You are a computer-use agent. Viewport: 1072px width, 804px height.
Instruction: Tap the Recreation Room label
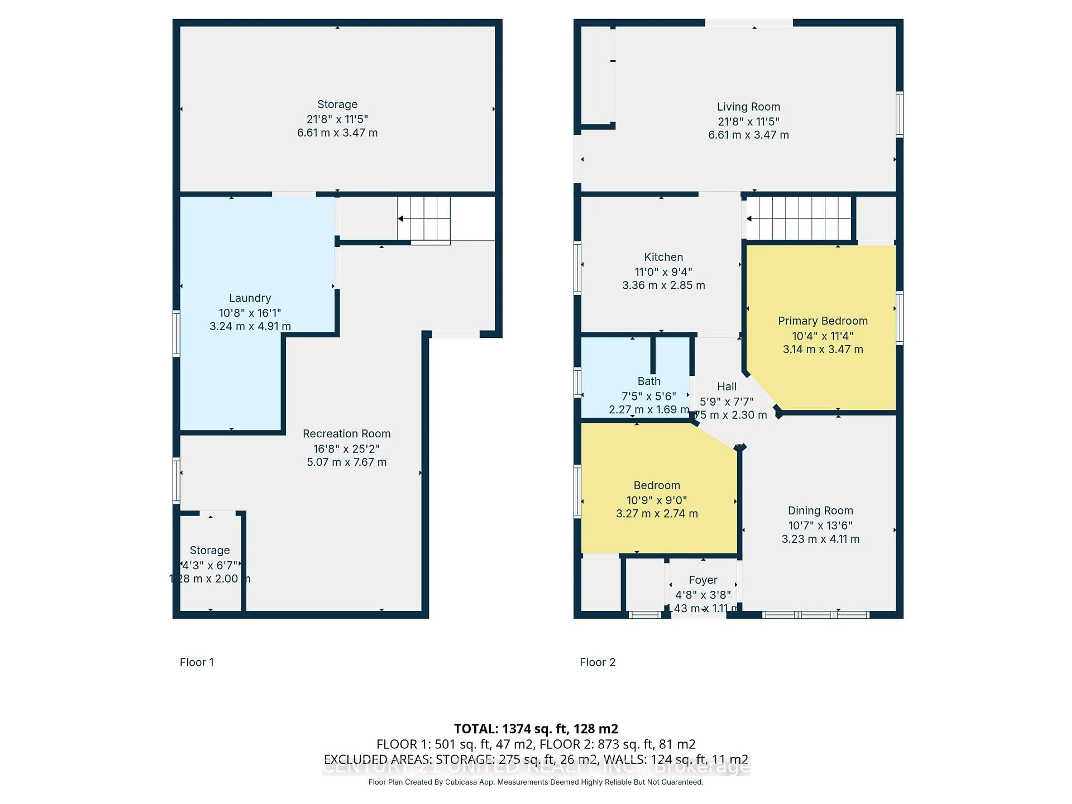coord(346,434)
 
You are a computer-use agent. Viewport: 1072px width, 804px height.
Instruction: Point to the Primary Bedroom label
coord(822,321)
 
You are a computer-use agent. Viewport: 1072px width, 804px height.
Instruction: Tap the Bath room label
coord(649,381)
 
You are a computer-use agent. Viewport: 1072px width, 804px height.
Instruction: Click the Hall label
coord(726,387)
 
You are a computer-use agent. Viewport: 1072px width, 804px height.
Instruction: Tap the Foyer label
coord(703,580)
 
